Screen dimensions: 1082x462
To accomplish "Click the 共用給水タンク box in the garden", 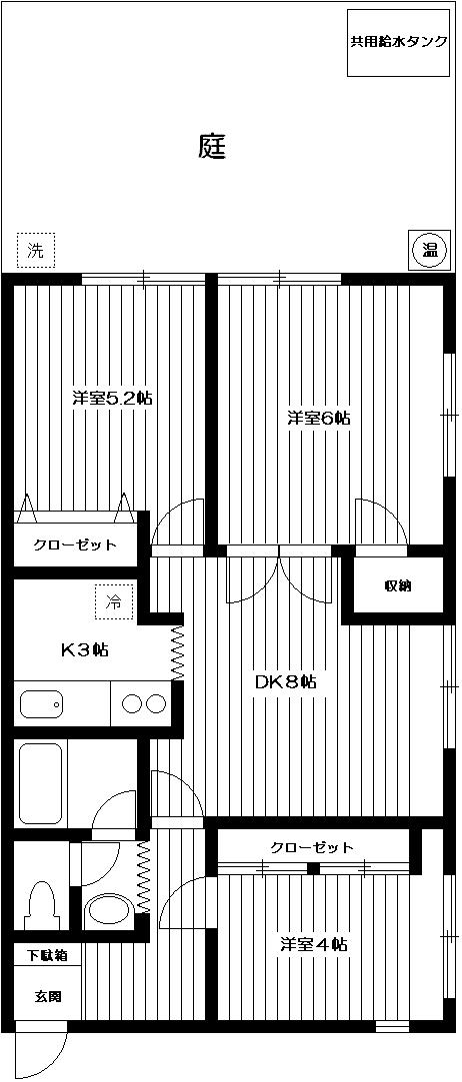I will pyautogui.click(x=398, y=43).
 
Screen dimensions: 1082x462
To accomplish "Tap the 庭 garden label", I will pyautogui.click(x=212, y=147).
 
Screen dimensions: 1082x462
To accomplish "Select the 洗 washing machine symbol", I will pyautogui.click(x=36, y=250).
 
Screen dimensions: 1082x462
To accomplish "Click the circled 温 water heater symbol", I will pyautogui.click(x=427, y=249).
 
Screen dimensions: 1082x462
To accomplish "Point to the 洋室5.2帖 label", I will pyautogui.click(x=112, y=398).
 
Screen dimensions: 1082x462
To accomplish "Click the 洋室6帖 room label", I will pyautogui.click(x=319, y=418).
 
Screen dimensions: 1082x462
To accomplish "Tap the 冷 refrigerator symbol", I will pyautogui.click(x=114, y=601).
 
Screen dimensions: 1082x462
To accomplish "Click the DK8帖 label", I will pyautogui.click(x=285, y=682).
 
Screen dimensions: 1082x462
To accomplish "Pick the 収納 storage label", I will pyautogui.click(x=397, y=585).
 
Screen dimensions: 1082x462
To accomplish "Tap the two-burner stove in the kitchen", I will pyautogui.click(x=143, y=703).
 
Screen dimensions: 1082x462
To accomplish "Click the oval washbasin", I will pyautogui.click(x=108, y=909).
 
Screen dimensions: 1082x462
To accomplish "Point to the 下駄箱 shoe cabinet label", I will pyautogui.click(x=46, y=956).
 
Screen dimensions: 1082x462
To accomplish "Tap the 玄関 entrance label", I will pyautogui.click(x=46, y=995).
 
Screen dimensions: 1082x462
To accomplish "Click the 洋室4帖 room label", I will pyautogui.click(x=313, y=943).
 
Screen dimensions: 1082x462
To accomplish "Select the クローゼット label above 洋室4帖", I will pyautogui.click(x=312, y=847).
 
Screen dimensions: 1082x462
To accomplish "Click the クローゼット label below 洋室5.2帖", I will pyautogui.click(x=75, y=545).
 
